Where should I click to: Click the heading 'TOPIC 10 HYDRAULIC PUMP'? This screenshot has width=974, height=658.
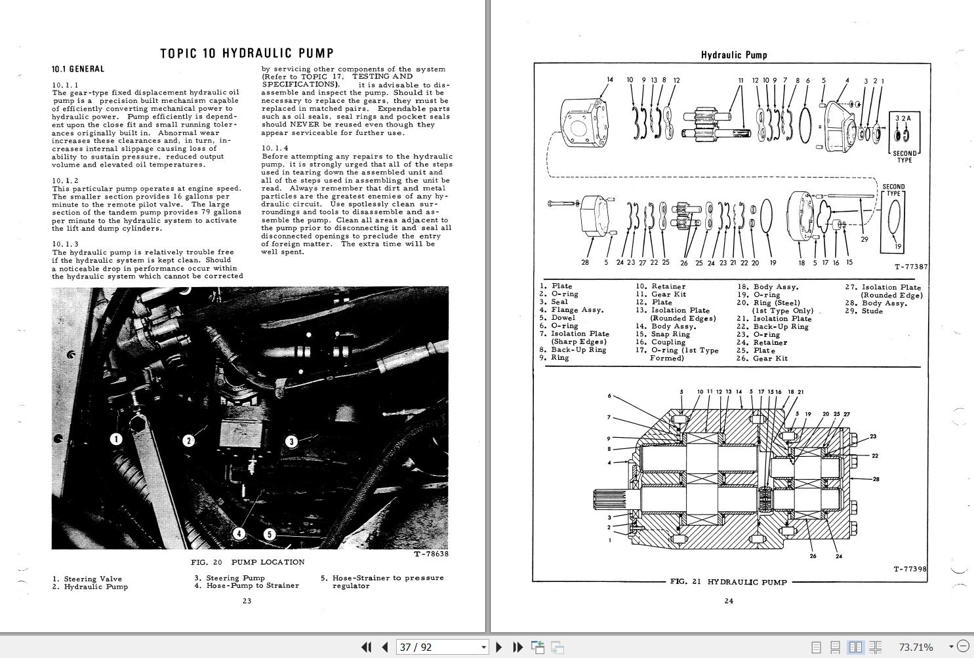(247, 53)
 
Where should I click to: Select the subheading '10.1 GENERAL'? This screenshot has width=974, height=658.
(78, 69)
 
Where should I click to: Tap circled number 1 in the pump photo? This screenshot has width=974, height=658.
(116, 438)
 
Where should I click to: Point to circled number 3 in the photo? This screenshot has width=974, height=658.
(291, 441)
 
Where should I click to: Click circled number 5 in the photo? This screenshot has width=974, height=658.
(269, 534)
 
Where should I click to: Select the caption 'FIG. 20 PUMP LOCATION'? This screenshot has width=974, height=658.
(247, 562)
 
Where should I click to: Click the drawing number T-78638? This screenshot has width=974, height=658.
(431, 554)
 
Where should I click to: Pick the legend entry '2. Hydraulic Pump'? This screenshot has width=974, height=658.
(91, 587)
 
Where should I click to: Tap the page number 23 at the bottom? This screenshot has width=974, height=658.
(247, 601)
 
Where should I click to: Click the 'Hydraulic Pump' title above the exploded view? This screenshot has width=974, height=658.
(733, 55)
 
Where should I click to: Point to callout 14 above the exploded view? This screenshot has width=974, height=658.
(609, 80)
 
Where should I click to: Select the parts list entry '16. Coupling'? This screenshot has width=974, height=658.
(660, 342)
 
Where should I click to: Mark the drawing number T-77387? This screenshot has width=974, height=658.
(910, 267)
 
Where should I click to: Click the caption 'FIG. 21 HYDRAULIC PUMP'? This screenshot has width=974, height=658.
(728, 581)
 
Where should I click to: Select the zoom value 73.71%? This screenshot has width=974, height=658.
(916, 647)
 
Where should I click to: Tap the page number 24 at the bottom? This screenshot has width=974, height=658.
(728, 601)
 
